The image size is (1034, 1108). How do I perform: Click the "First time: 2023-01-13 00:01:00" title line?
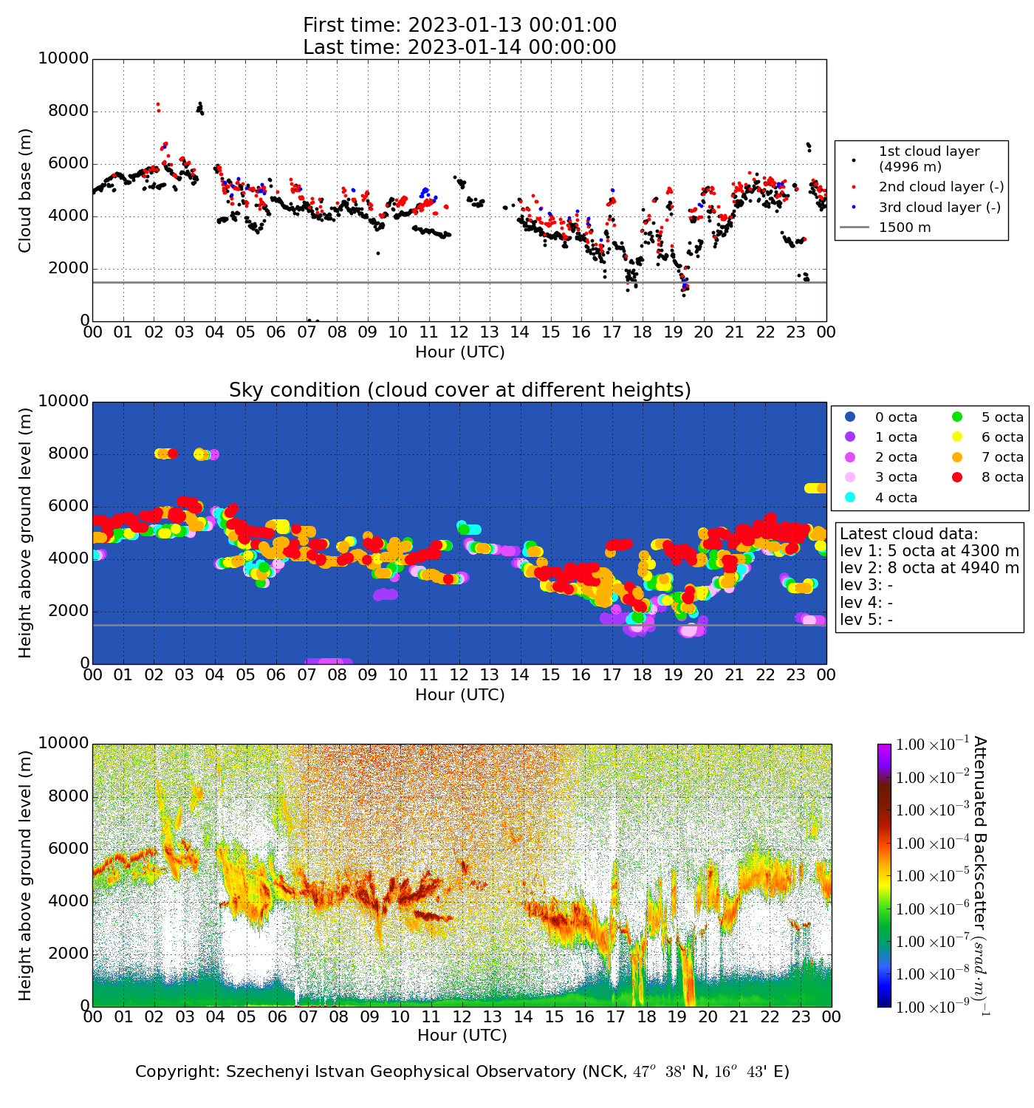(459, 25)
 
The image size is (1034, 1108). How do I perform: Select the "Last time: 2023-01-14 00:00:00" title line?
(459, 47)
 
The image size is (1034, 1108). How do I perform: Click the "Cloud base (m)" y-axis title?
(25, 190)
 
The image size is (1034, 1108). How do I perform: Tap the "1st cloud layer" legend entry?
(928, 158)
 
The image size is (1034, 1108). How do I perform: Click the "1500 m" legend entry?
(905, 228)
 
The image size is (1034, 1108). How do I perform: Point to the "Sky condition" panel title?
(459, 390)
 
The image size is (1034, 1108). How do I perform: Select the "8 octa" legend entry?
(1002, 477)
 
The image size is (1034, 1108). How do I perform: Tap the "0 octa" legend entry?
(896, 417)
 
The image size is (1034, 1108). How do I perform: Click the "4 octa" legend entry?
(896, 498)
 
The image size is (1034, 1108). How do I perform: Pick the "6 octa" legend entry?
(1002, 437)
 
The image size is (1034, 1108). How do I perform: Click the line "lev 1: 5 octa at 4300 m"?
(929, 551)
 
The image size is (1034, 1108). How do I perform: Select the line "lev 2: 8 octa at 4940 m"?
(929, 568)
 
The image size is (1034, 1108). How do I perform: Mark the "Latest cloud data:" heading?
(908, 534)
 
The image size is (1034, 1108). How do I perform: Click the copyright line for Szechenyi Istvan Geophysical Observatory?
(462, 1072)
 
